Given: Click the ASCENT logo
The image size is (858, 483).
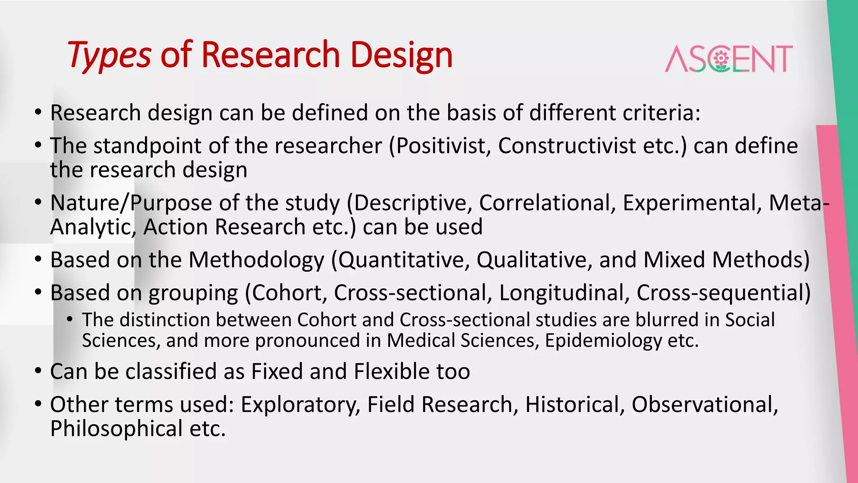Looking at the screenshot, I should (x=729, y=59).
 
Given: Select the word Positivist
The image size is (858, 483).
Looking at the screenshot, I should (x=443, y=146).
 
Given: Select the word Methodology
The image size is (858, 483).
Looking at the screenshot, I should (x=256, y=260).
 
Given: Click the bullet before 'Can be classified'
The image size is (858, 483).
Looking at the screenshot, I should (x=39, y=371).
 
